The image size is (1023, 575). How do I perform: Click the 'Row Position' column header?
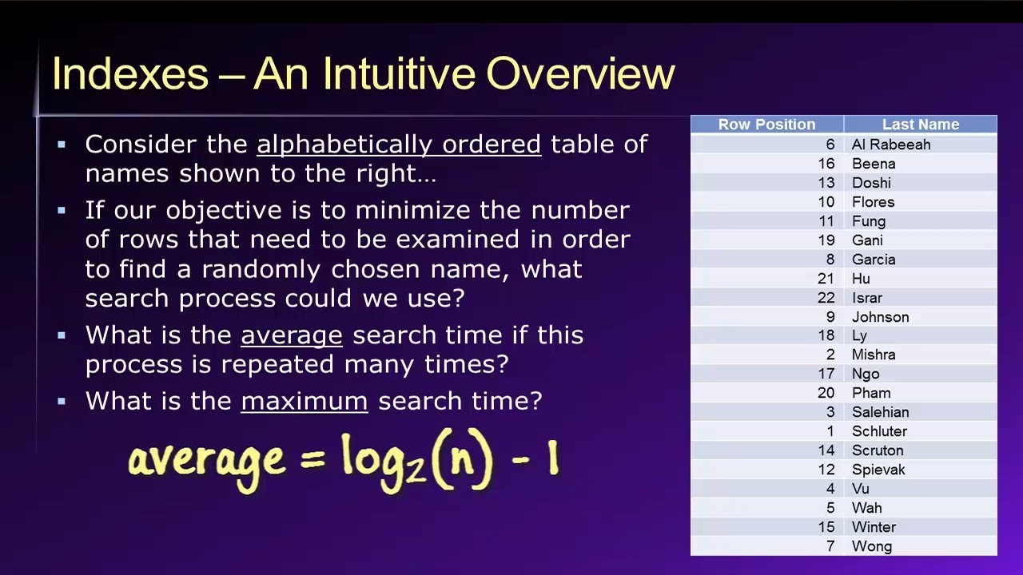point(766,125)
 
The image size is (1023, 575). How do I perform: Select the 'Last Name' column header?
point(920,125)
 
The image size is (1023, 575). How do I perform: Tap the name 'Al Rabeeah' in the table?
point(890,145)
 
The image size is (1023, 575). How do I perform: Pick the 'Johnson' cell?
point(880,317)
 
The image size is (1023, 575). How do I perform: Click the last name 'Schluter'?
point(879,431)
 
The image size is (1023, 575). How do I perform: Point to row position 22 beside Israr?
point(826,298)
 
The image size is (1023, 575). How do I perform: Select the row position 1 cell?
point(830,431)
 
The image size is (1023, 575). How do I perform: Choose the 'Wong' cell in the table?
point(871,546)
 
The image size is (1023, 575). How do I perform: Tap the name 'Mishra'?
point(874,355)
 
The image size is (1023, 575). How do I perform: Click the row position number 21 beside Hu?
point(826,279)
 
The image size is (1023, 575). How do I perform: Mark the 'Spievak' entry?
point(878,470)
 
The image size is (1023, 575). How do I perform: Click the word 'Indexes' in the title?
point(129,74)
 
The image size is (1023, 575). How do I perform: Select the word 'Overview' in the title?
point(580,74)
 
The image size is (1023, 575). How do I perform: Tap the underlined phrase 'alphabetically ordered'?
point(399,145)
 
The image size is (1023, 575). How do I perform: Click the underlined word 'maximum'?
point(304,401)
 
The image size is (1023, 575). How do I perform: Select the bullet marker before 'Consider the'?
point(62,145)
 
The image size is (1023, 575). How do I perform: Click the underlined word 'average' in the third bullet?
point(291,335)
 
